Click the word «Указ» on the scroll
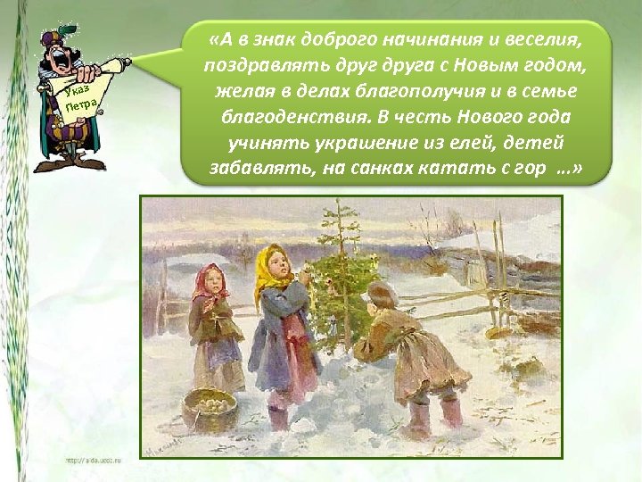coord(70,93)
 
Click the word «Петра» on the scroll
coord(80,110)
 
